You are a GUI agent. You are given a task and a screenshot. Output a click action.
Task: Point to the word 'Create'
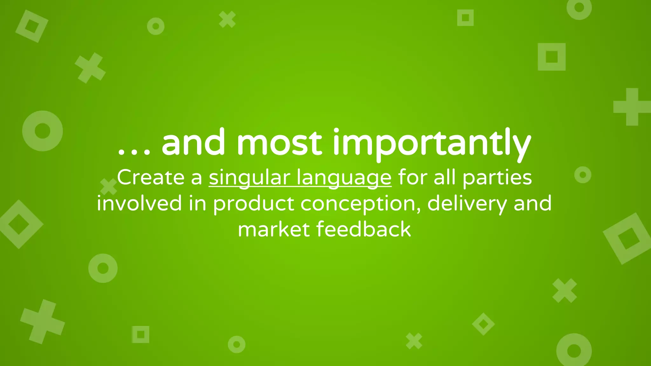[151, 177]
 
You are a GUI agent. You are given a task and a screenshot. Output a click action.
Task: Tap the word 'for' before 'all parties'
[413, 177]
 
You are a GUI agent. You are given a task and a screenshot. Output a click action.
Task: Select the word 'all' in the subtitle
[445, 177]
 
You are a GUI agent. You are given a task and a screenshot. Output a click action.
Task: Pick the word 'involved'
[139, 203]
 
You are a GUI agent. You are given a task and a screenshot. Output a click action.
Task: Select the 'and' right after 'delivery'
[533, 203]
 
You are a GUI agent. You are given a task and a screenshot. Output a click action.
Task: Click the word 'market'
[274, 229]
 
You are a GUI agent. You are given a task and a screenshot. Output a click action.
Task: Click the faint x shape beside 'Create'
[109, 186]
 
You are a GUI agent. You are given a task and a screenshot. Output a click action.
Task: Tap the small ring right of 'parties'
[583, 175]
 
